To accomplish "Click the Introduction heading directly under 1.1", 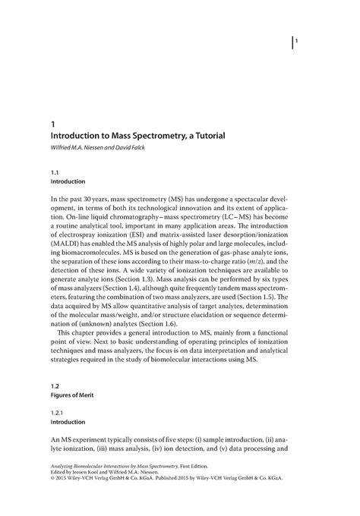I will [67, 183].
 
